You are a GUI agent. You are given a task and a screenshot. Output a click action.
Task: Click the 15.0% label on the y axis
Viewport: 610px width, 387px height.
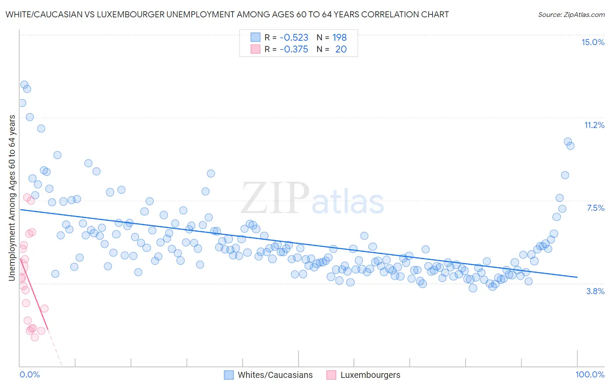click(x=593, y=42)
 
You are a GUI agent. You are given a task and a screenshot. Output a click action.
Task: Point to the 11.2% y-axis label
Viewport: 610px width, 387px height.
click(x=594, y=125)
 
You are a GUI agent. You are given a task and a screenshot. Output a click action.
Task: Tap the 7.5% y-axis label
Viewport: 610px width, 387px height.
click(x=595, y=208)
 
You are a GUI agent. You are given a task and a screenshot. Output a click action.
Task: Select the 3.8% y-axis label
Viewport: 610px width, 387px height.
click(x=595, y=291)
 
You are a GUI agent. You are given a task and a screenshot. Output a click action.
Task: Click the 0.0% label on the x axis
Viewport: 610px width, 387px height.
click(x=30, y=374)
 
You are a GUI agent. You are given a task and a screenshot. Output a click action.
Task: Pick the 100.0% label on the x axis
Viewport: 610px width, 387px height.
click(x=590, y=374)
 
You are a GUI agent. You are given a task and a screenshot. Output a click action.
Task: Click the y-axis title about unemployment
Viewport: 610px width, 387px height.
click(x=12, y=198)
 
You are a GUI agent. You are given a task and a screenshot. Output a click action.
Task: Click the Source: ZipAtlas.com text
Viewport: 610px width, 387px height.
click(x=571, y=14)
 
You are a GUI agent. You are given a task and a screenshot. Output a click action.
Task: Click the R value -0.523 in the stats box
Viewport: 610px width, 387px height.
click(x=294, y=37)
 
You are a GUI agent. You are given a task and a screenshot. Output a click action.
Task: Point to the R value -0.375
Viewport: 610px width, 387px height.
click(x=294, y=49)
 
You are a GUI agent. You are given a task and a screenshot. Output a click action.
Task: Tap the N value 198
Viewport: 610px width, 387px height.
click(x=339, y=37)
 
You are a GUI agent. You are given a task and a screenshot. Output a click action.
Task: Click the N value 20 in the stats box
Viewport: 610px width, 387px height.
click(x=341, y=49)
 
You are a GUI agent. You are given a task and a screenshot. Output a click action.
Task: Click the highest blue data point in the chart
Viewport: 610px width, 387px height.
click(x=24, y=85)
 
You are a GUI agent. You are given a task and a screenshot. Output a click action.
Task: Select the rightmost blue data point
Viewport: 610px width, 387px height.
click(x=571, y=146)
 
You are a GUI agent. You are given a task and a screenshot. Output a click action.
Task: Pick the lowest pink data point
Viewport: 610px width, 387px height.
click(x=35, y=337)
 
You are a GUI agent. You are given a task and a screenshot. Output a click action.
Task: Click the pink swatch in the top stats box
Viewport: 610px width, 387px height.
click(x=256, y=49)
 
